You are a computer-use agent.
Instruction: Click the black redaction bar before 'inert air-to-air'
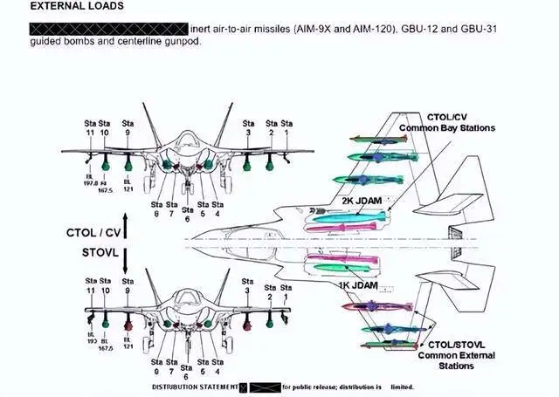coord(108,29)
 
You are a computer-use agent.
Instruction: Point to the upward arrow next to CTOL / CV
coord(127,224)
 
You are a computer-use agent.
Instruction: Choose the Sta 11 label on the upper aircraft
coord(89,128)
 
